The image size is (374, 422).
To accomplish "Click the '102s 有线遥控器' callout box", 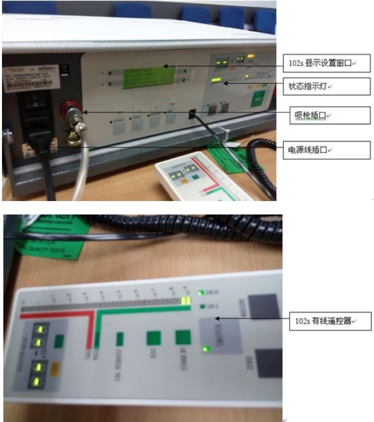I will point(330,321).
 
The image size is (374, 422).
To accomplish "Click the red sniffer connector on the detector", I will point(67,109).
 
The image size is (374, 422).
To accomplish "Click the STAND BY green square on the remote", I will point(182,337).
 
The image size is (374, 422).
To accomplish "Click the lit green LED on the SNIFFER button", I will point(205,350).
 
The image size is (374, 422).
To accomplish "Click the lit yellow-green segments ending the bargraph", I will point(186,300).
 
